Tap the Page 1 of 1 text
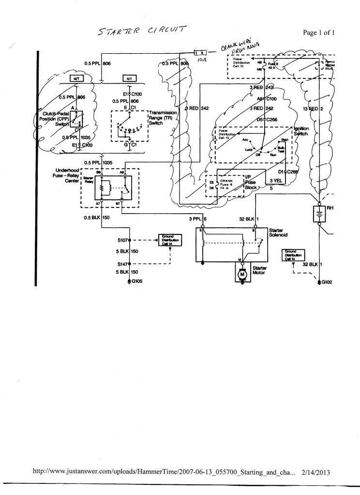319,33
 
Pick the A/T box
129,78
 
